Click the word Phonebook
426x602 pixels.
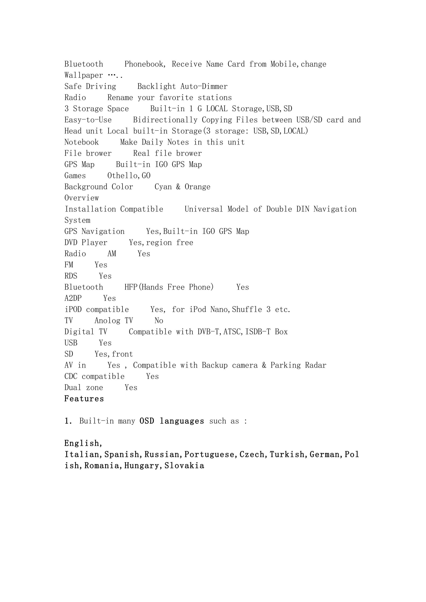[144, 64]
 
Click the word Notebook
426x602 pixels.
[82, 142]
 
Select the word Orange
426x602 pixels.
[197, 187]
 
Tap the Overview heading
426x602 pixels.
[82, 198]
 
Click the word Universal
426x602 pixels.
[204, 209]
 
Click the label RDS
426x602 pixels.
[71, 276]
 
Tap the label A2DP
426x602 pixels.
[73, 298]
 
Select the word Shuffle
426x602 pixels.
[247, 310]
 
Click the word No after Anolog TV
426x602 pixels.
[159, 321]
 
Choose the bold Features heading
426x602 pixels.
[84, 399]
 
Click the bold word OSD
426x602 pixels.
[147, 421]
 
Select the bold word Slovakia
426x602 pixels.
[184, 466]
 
